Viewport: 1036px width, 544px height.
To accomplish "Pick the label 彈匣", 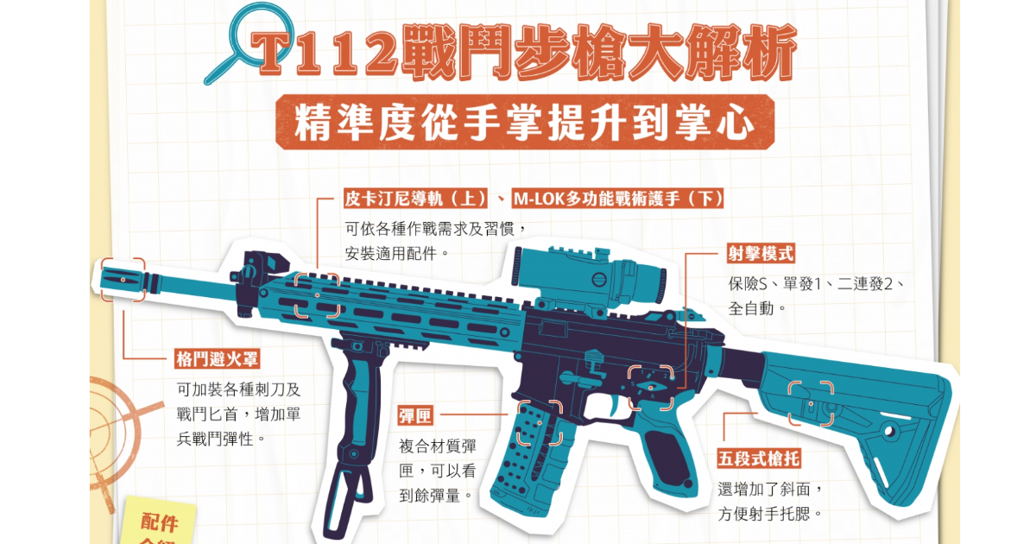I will click(x=415, y=415).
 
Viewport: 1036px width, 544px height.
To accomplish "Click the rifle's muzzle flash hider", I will click(x=122, y=279).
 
